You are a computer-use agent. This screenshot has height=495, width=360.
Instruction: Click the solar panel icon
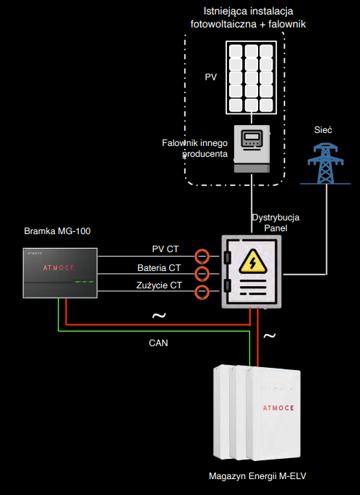[x=251, y=77]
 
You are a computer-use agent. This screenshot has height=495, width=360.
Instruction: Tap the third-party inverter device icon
[x=252, y=149]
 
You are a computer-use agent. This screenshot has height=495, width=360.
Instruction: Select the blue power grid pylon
[x=325, y=163]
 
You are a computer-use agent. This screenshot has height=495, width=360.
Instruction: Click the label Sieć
[x=323, y=130]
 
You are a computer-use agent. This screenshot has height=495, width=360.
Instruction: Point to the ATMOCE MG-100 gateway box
[x=60, y=273]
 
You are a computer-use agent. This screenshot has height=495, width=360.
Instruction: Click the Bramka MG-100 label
[x=57, y=231]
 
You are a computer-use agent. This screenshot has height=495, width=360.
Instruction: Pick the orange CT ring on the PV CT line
[x=202, y=257]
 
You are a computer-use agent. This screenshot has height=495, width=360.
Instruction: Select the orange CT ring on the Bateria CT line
[x=202, y=273]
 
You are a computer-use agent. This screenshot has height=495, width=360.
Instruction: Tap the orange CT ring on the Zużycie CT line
[x=202, y=292]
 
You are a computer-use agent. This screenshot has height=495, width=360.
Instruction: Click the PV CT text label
[x=165, y=249]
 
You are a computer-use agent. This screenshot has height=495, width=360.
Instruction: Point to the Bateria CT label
[x=159, y=267]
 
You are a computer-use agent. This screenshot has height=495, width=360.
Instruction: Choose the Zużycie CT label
[x=159, y=285]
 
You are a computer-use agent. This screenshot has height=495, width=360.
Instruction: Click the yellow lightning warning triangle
[x=252, y=262]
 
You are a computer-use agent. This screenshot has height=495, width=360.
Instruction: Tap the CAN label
[x=158, y=343]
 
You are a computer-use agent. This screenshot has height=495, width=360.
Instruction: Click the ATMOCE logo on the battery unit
[x=278, y=408]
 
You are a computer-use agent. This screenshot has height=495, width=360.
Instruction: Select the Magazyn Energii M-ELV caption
[x=257, y=476]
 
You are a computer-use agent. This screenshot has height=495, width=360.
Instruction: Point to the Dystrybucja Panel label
[x=275, y=223]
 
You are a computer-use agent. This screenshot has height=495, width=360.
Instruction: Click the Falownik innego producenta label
[x=195, y=148]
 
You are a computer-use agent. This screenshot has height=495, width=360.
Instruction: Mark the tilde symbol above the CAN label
[x=159, y=315]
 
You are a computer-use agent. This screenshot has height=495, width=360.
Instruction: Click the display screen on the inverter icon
[x=252, y=137]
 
